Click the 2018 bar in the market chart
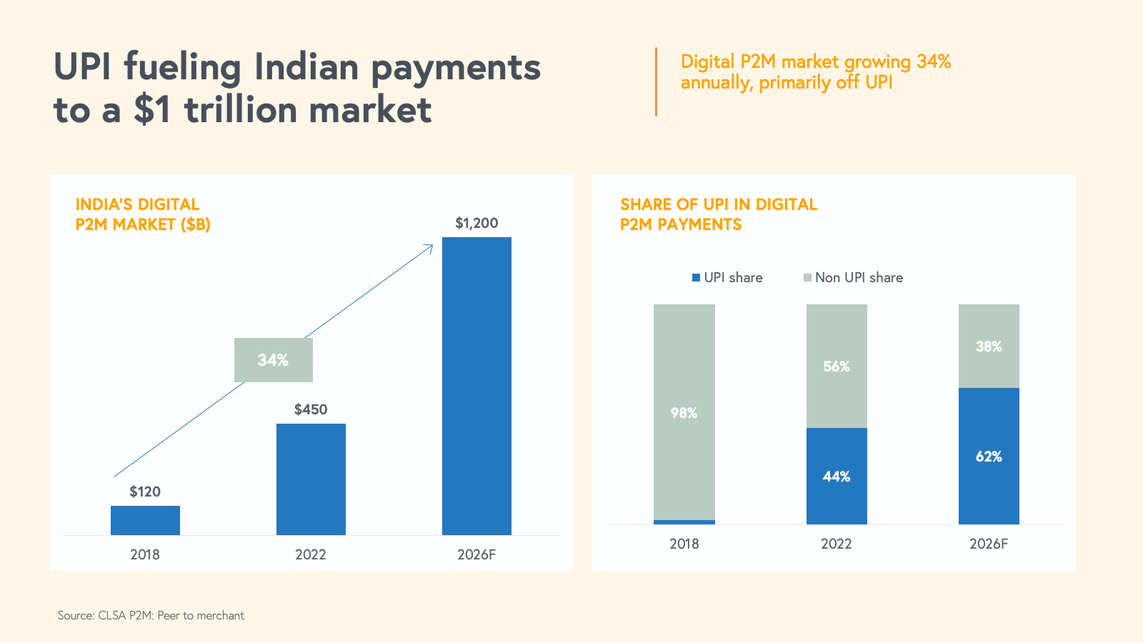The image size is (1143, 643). pos(145,520)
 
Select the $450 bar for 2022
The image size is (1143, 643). pos(311,479)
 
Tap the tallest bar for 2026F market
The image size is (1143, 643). pos(476,386)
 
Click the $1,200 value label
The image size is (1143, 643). pos(476,223)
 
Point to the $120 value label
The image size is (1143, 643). pos(145,492)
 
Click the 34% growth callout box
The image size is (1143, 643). pos(274,360)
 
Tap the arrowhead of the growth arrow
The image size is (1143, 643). pos(431,246)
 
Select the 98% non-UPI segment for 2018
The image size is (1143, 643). pos(684,412)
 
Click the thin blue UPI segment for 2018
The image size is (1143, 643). pos(684,522)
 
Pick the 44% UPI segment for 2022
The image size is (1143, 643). pos(837,476)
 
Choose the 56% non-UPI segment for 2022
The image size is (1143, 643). pos(837,366)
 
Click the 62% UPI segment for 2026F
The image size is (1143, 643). pos(989,456)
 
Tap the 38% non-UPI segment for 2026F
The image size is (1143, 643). pos(989,347)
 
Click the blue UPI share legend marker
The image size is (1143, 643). pos(696,278)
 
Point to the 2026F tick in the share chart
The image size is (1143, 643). pos(989,544)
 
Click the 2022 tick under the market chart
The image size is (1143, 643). pos(311,554)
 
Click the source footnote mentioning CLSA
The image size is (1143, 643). pos(151,615)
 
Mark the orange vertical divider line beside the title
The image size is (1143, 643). pos(656,81)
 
